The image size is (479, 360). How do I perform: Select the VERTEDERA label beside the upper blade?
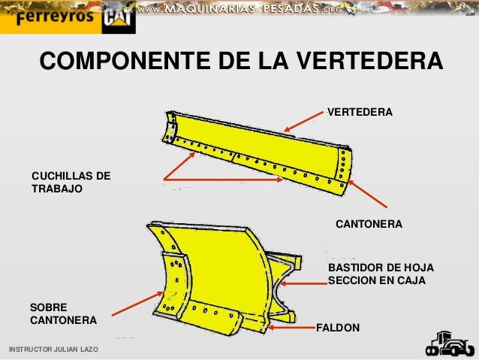point(360,112)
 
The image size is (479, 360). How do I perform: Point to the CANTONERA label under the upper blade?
point(368,225)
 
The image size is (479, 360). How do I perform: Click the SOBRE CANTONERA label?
point(62,313)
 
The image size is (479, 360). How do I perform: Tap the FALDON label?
point(338,328)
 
